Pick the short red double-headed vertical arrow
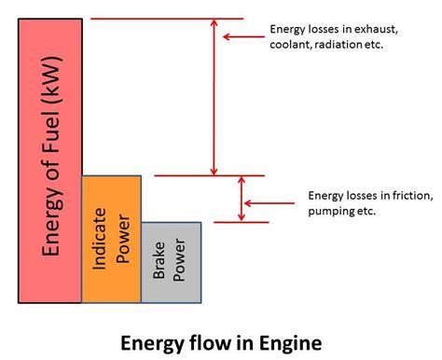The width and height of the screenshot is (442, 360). click(x=242, y=199)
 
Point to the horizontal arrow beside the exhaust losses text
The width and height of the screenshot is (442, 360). click(x=245, y=37)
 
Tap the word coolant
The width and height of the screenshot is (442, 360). click(x=293, y=45)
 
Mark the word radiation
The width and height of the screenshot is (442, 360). click(x=345, y=45)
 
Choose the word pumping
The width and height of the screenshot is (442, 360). click(x=332, y=212)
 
